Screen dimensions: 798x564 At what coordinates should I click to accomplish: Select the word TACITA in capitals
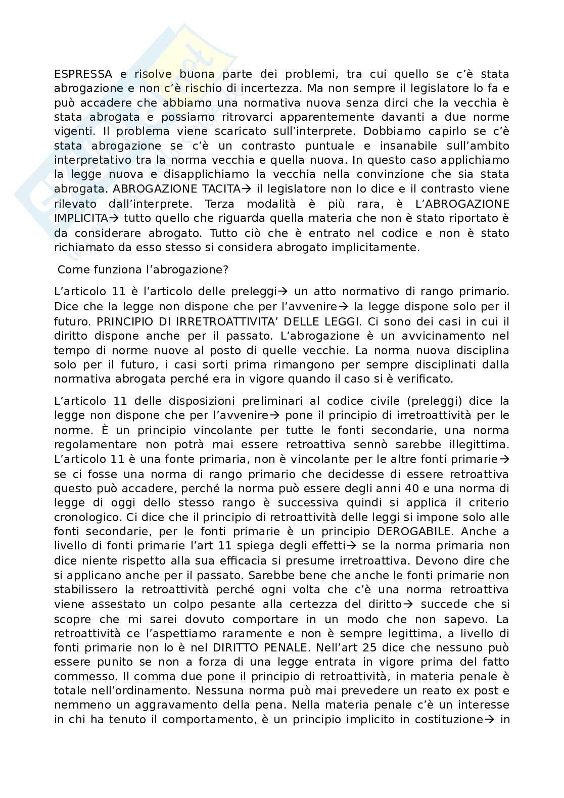219,189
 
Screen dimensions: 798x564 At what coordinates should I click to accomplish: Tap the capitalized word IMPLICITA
81,218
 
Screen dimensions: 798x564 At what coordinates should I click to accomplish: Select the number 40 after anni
414,488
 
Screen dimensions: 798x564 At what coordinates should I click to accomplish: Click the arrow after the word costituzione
489,719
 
